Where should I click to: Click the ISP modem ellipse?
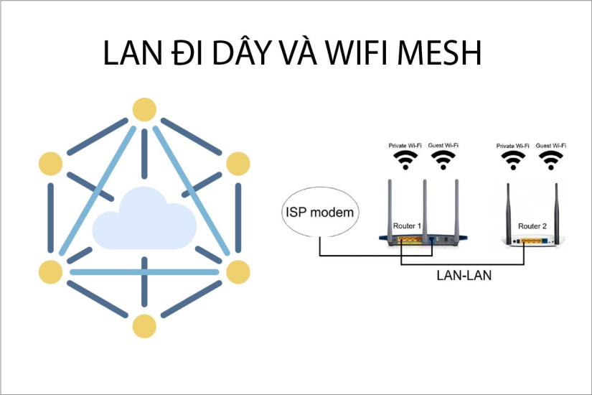(x=321, y=213)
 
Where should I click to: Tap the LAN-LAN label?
(x=464, y=275)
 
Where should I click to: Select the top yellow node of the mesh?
(x=144, y=110)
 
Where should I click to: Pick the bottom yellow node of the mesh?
(x=144, y=325)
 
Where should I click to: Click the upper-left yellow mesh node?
(x=51, y=164)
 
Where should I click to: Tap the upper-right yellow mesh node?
(x=238, y=164)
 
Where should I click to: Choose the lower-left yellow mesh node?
(x=51, y=271)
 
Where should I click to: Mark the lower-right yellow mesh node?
(x=238, y=271)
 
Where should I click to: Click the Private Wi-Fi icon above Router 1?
(x=406, y=159)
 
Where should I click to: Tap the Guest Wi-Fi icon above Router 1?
(x=443, y=159)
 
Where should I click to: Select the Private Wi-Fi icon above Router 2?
(x=512, y=159)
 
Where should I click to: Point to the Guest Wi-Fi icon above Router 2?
(x=551, y=159)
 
